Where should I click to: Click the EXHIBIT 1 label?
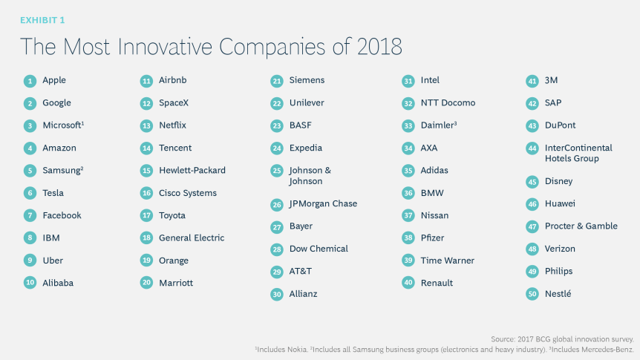(43, 20)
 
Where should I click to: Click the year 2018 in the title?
(376, 47)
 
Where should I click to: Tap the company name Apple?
(54, 80)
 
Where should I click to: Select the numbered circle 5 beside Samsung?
(30, 171)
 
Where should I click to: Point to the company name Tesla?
(53, 193)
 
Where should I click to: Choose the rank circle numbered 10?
(30, 283)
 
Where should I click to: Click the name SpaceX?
(174, 102)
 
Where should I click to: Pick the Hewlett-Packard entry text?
(192, 170)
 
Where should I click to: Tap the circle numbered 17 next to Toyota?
(146, 215)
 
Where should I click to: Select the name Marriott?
(176, 283)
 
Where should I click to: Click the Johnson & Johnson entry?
(310, 175)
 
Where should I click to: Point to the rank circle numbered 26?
(277, 204)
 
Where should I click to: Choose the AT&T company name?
(301, 271)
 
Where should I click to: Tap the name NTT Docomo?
(448, 102)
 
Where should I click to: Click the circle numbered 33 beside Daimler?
(408, 125)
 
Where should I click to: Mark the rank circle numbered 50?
(532, 294)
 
